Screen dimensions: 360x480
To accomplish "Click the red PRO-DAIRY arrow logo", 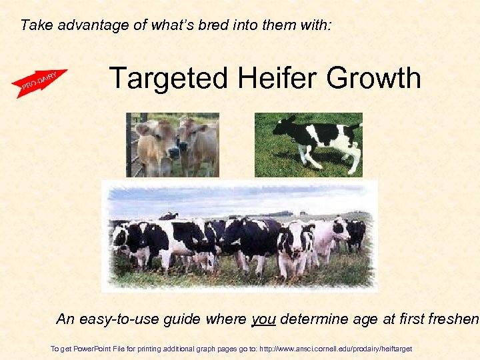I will [x=39, y=83].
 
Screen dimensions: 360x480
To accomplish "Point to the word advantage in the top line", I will [x=86, y=26].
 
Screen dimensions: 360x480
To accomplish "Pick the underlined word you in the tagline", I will [x=263, y=319].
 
